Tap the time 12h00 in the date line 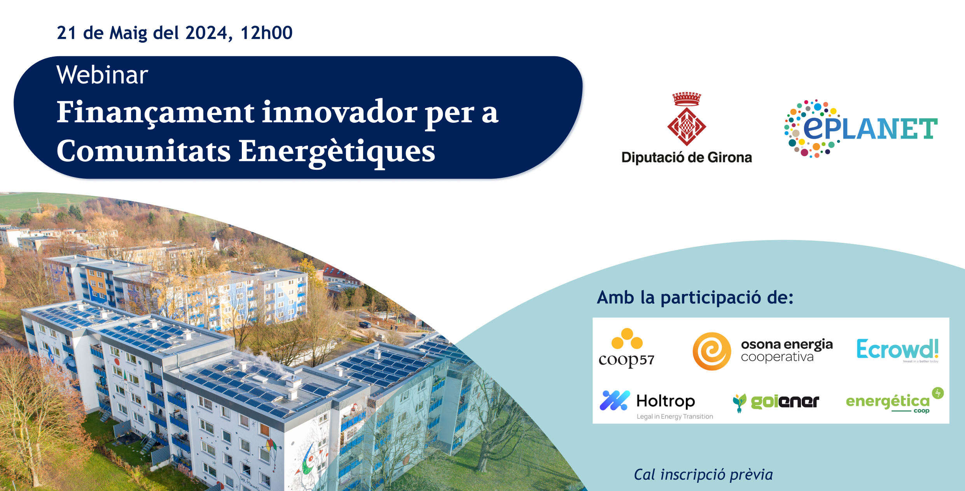(x=266, y=33)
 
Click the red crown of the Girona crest (x=687, y=99)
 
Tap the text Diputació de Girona (x=687, y=157)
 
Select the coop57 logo (x=626, y=348)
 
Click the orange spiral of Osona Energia (x=712, y=351)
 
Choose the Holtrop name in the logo (x=666, y=401)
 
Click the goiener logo (x=776, y=402)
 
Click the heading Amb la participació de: (x=695, y=298)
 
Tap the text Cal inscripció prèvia (x=703, y=475)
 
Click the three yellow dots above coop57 (x=627, y=339)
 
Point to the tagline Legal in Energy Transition (x=675, y=416)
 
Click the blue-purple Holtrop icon (x=615, y=400)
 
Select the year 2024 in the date (x=206, y=33)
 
